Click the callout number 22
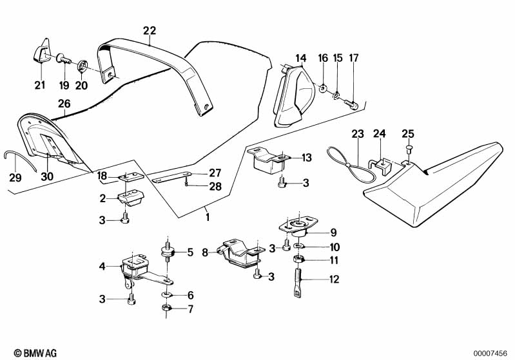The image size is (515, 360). coord(150,30)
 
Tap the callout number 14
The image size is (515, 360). coord(300,59)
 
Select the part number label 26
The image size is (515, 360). coord(64,103)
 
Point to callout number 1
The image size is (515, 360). coord(207,218)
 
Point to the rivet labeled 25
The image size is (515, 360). coord(407,149)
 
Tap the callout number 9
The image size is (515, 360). coord(333,232)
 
